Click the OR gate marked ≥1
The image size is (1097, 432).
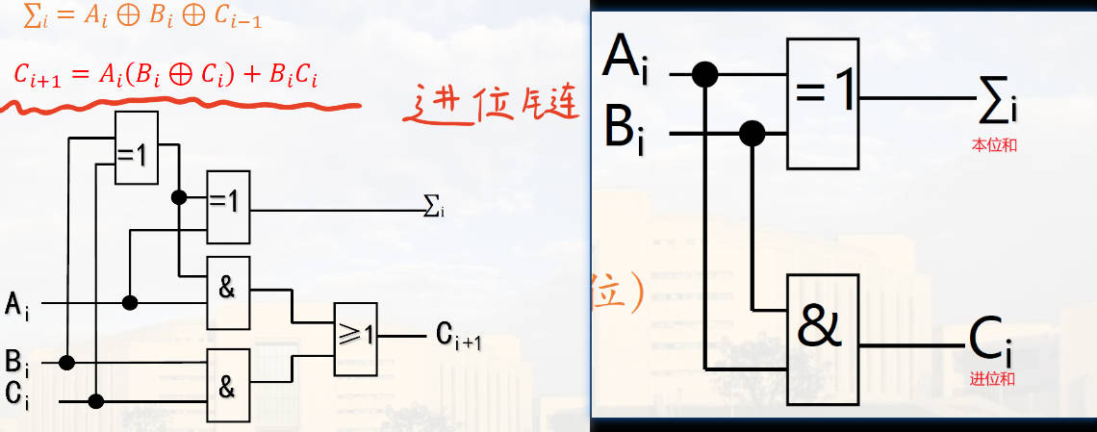[x=356, y=338]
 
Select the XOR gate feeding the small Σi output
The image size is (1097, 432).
[x=228, y=207]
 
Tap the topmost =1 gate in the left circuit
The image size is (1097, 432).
[x=136, y=149]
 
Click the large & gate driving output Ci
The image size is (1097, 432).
[x=824, y=338]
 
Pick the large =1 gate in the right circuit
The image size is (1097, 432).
[x=824, y=103]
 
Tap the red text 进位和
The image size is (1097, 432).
[x=992, y=378]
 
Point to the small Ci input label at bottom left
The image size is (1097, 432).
[x=16, y=394]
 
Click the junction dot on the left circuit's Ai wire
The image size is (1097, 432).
[x=129, y=302]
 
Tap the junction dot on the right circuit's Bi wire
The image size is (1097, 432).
[x=753, y=132]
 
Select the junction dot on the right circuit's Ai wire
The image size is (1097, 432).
[x=706, y=73]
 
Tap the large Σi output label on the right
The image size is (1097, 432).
[x=996, y=101]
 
